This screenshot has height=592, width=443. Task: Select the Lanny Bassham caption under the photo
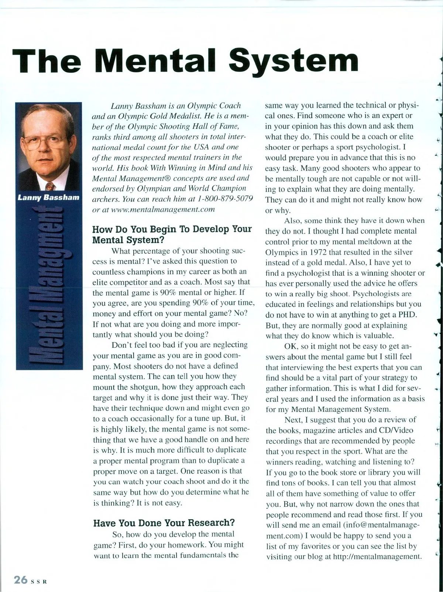[48, 197]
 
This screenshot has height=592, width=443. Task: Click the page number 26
[21, 580]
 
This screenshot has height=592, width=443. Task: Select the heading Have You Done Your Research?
[164, 523]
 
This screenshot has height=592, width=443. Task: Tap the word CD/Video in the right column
[396, 430]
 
